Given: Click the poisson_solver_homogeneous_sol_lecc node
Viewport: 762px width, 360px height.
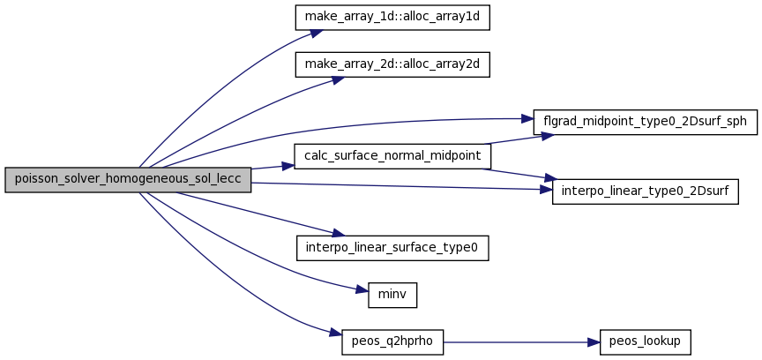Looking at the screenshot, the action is coord(128,179).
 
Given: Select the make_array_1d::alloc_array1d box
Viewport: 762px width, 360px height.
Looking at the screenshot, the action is coord(392,18).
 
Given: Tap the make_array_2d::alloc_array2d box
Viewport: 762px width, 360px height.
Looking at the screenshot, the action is coord(392,64).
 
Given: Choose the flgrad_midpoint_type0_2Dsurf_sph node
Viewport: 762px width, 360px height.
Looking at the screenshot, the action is coord(646,122).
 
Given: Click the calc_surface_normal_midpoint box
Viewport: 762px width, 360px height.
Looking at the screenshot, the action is coord(392,156).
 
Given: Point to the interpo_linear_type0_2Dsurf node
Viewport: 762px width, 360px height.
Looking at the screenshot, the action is coord(646,191).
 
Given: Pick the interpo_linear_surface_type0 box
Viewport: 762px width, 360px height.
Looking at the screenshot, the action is coord(392,248).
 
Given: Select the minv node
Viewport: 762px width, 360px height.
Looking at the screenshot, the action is coord(392,295).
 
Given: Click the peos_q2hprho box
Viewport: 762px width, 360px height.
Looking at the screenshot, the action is coord(392,342).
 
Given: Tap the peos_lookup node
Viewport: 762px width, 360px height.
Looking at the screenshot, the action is coord(646,342).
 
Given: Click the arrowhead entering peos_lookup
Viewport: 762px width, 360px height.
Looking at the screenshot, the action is coord(594,342).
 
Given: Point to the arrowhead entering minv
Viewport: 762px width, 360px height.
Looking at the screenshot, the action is coord(362,291).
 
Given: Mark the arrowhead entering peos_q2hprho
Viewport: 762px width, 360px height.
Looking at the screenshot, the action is coord(336,334).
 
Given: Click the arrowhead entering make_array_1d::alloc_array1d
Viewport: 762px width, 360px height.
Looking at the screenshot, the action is coord(317,34).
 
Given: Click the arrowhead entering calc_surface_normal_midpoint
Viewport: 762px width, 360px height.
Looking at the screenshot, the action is coord(288,165).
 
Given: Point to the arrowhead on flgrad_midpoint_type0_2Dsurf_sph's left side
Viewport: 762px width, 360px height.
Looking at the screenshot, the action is coord(527,119).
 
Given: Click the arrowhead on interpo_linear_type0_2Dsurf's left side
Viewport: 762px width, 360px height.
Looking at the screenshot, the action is coord(546,190).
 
